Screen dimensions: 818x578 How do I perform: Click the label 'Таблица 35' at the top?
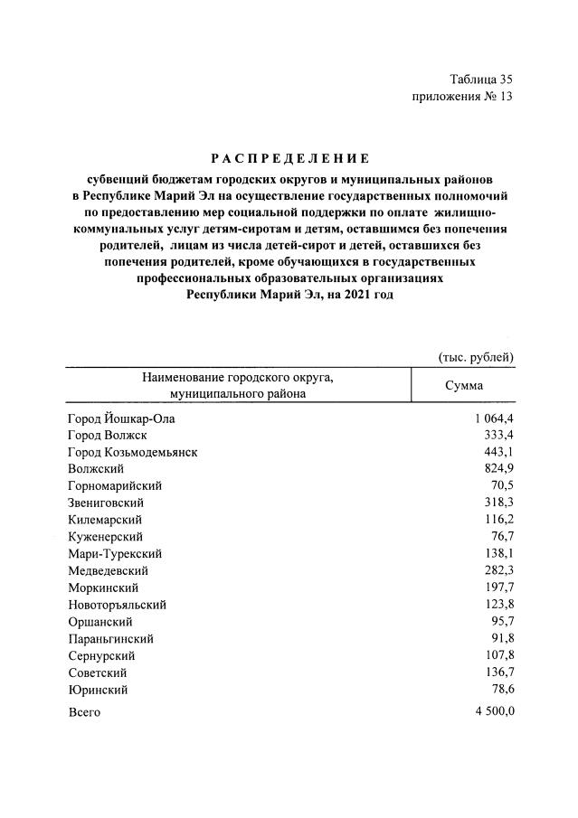point(481,80)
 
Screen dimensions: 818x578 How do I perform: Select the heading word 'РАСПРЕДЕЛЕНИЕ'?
point(289,158)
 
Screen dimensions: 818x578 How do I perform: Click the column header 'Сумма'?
point(463,386)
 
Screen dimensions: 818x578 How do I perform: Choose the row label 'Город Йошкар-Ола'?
point(121,418)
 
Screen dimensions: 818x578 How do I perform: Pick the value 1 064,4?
point(492,418)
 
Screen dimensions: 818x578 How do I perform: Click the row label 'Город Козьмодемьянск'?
point(132,452)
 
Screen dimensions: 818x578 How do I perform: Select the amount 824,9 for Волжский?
point(498,469)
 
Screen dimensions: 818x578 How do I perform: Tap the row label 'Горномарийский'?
point(114,486)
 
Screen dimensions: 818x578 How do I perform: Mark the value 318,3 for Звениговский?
point(498,503)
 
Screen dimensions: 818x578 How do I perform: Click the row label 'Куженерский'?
point(104,537)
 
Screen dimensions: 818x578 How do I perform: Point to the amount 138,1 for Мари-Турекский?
point(498,554)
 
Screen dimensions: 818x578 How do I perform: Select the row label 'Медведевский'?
point(108,571)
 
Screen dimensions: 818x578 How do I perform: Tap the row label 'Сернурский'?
point(101,656)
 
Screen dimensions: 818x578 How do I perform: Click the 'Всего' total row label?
point(84,712)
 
